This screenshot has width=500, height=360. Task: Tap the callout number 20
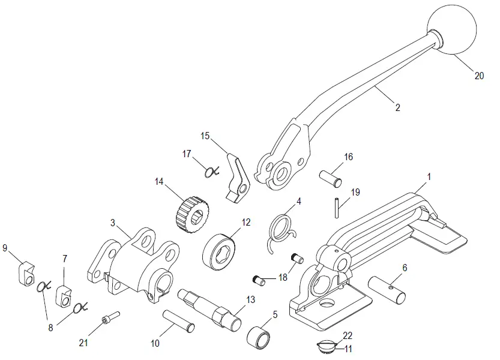478,76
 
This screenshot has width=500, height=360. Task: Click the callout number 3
113,223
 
